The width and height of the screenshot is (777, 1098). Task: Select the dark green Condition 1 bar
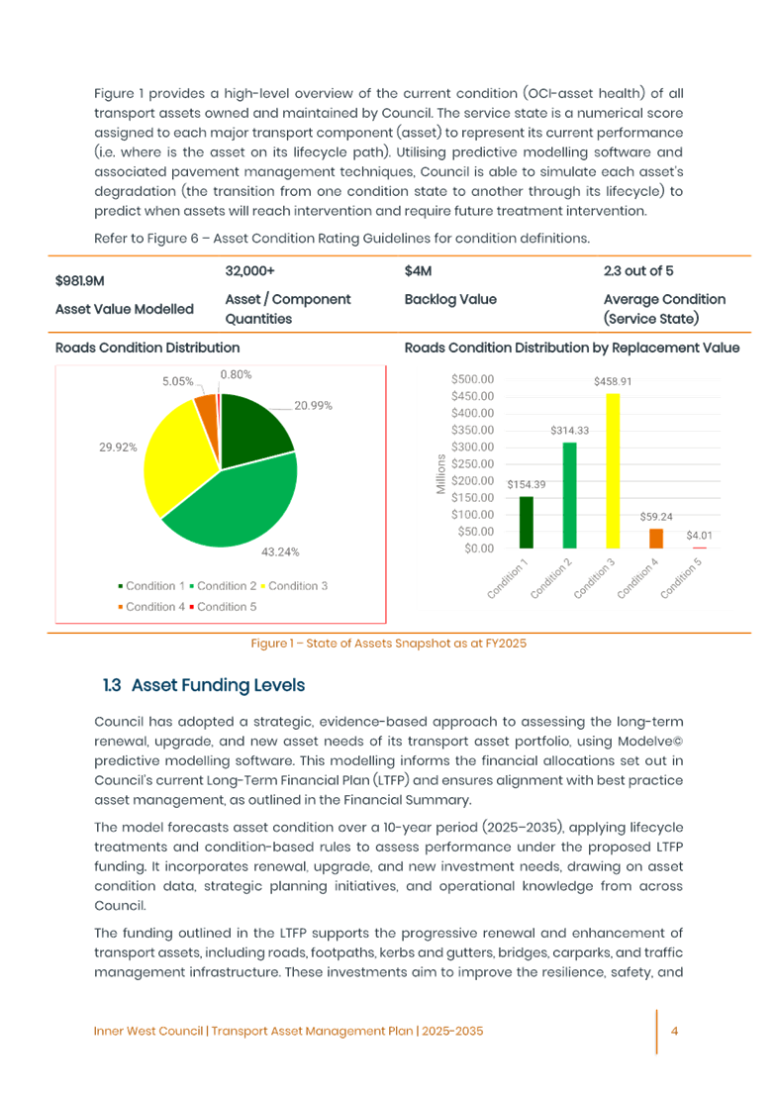[x=527, y=522]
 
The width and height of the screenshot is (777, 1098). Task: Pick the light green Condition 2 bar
[x=570, y=495]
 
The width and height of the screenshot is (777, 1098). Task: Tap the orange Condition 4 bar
[x=656, y=539]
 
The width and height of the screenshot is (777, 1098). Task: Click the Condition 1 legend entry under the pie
[x=154, y=586]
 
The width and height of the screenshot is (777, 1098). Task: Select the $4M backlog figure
[x=419, y=270]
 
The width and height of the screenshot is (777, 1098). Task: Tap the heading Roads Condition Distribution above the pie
[x=147, y=349]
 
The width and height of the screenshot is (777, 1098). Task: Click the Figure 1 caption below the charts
[x=388, y=644]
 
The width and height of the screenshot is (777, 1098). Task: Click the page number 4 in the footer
[x=673, y=1031]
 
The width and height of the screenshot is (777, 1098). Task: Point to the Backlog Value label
[x=450, y=299]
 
